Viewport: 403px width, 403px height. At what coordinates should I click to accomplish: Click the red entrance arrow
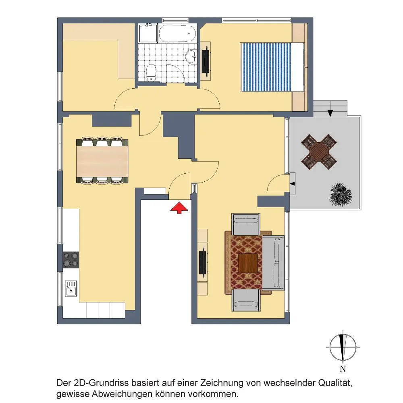(179, 208)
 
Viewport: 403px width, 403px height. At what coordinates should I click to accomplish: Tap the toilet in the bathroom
(151, 73)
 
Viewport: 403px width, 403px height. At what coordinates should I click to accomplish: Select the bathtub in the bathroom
(178, 33)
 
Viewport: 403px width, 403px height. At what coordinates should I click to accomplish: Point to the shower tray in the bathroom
(148, 33)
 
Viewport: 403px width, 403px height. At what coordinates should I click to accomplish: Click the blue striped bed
(272, 67)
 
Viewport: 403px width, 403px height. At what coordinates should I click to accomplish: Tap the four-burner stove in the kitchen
(71, 260)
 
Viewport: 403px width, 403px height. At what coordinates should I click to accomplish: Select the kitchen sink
(71, 288)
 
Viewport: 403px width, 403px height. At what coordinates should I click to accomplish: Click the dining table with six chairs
(102, 161)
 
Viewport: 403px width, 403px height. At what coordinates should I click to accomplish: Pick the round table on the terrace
(319, 152)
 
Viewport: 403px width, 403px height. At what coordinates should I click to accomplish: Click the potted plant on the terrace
(340, 194)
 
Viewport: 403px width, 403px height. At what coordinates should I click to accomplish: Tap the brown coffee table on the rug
(248, 263)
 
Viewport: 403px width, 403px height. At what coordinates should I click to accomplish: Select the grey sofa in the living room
(273, 263)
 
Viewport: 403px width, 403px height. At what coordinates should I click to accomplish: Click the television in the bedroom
(206, 61)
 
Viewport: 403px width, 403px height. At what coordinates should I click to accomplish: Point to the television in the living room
(203, 262)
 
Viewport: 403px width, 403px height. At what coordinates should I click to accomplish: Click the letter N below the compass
(343, 369)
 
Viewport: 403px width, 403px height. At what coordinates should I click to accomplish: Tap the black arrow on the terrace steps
(330, 113)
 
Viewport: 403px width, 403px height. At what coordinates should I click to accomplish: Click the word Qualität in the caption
(335, 383)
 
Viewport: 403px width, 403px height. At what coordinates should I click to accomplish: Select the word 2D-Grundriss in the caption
(101, 383)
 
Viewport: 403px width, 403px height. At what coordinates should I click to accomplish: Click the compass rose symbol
(343, 347)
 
